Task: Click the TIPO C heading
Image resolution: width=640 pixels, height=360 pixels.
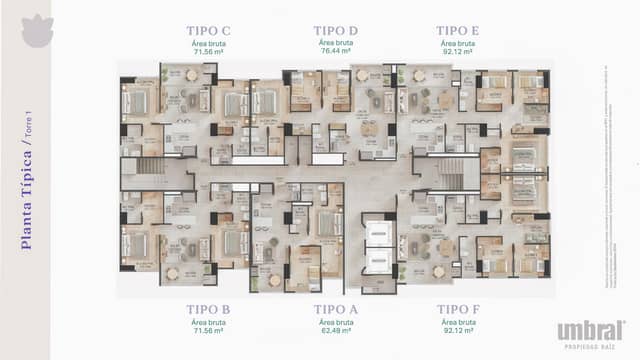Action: [x=208, y=31]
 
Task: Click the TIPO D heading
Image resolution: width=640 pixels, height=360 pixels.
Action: [x=335, y=31]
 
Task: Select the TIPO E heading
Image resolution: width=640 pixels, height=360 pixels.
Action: [x=458, y=31]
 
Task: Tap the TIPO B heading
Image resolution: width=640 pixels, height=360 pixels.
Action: [x=208, y=310]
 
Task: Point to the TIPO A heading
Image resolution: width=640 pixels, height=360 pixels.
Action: [x=335, y=310]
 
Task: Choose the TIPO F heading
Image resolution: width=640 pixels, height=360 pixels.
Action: [x=458, y=310]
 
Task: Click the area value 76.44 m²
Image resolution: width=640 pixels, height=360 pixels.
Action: [x=335, y=51]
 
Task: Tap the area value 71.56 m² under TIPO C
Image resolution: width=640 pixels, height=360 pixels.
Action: [x=208, y=51]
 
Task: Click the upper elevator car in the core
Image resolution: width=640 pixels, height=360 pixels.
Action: [x=378, y=233]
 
